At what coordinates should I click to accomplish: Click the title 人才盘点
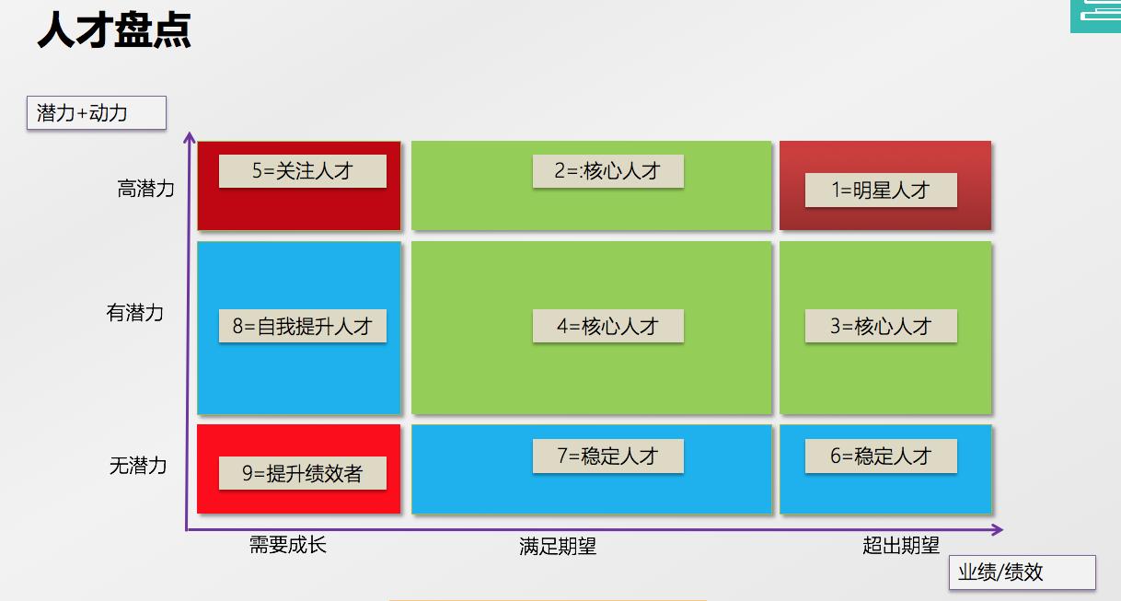pyautogui.click(x=114, y=30)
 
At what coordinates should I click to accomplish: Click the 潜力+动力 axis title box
pyautogui.click(x=96, y=113)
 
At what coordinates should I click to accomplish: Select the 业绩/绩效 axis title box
pyautogui.click(x=1022, y=572)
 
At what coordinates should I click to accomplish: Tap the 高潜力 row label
pyautogui.click(x=145, y=189)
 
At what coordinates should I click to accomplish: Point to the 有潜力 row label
pyautogui.click(x=134, y=313)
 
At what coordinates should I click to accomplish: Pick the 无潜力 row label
pyautogui.click(x=138, y=466)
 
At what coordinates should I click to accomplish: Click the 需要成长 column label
pyautogui.click(x=287, y=545)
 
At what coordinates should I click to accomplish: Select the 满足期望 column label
pyautogui.click(x=558, y=547)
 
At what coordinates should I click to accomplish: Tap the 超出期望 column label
pyautogui.click(x=901, y=545)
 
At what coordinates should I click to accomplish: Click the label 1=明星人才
pyautogui.click(x=881, y=191)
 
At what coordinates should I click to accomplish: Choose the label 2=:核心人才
pyautogui.click(x=607, y=171)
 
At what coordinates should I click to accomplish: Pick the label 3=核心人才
pyautogui.click(x=881, y=326)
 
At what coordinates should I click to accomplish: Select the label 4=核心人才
pyautogui.click(x=607, y=326)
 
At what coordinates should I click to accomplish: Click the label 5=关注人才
pyautogui.click(x=302, y=171)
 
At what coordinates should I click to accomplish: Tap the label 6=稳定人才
pyautogui.click(x=881, y=456)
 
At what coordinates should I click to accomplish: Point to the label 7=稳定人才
pyautogui.click(x=607, y=456)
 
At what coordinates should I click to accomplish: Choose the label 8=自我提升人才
pyautogui.click(x=302, y=326)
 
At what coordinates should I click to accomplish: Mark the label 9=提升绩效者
pyautogui.click(x=302, y=473)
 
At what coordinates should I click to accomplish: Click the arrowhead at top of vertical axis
pyautogui.click(x=190, y=138)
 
